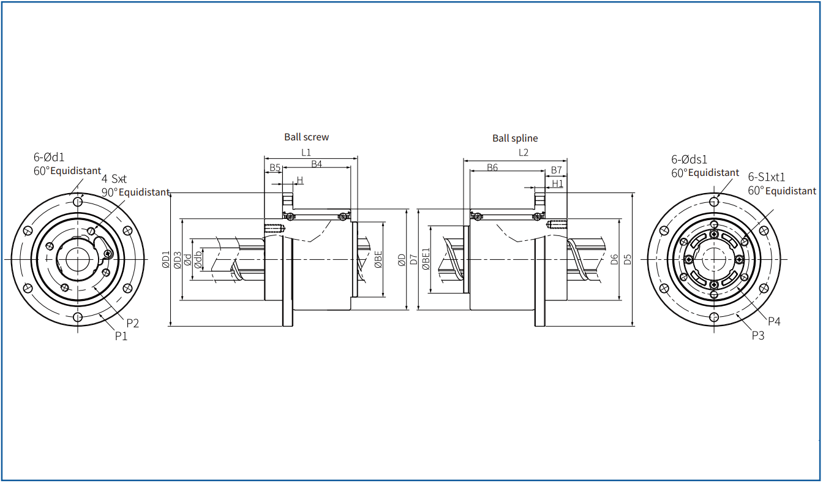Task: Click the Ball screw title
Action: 306,137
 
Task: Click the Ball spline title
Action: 515,139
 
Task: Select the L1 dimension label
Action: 306,152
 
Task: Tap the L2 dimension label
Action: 523,152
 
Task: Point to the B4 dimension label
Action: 317,164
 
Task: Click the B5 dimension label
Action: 275,168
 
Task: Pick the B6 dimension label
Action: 492,168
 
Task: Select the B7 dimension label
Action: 556,170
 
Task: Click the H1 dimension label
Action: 557,183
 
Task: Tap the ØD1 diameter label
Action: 166,259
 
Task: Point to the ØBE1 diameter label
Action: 426,259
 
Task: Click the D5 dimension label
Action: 628,259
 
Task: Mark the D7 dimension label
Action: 414,259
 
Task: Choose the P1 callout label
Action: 121,337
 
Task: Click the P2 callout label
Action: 133,324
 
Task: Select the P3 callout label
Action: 758,335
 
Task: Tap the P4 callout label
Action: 774,322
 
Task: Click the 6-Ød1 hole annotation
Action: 49,158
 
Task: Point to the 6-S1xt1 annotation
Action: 767,177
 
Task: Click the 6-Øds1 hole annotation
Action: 689,159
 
